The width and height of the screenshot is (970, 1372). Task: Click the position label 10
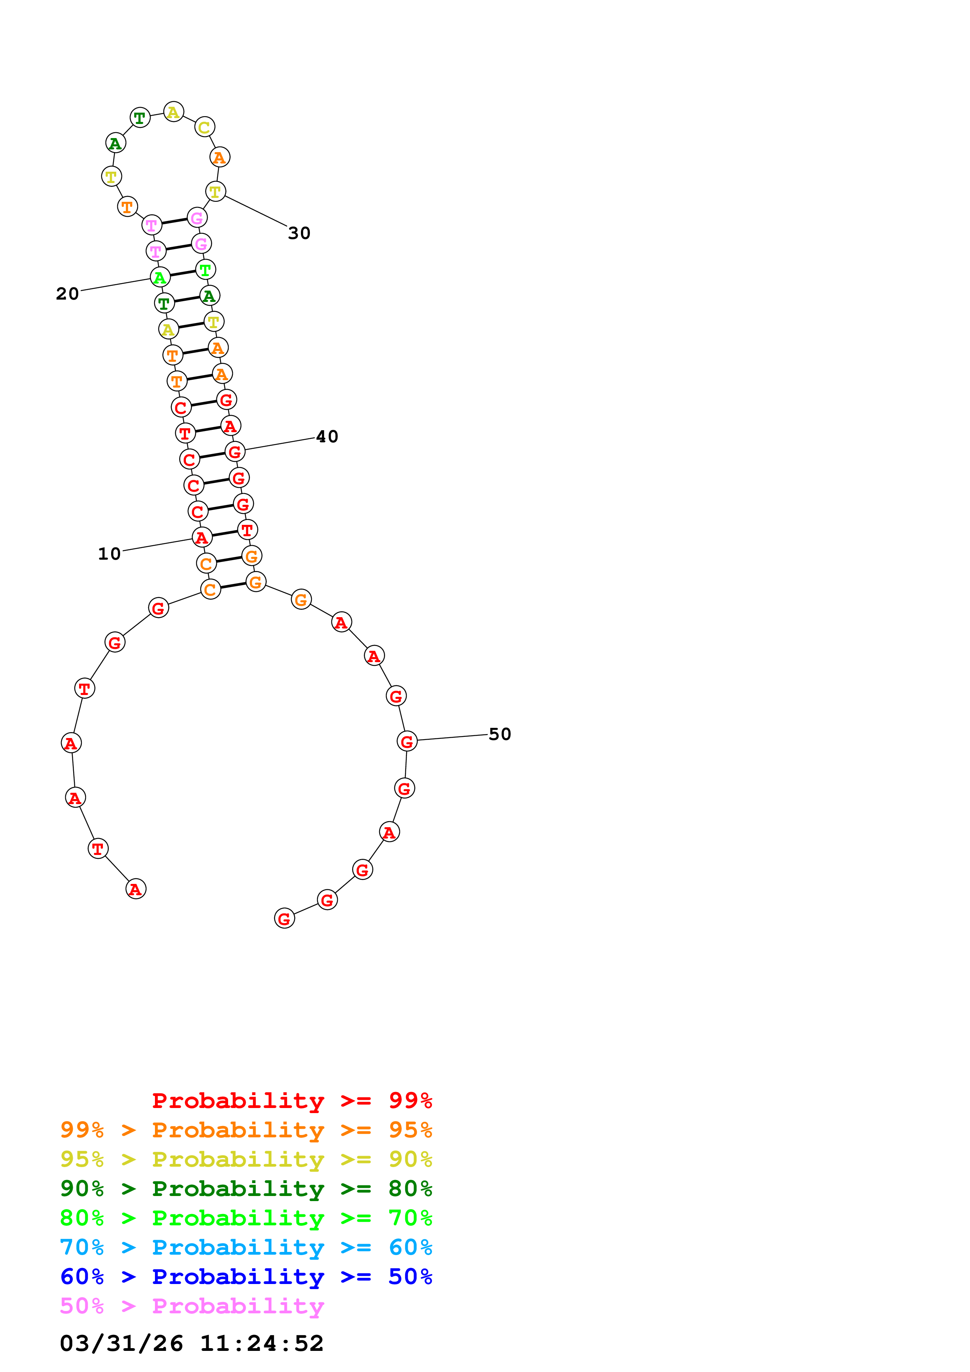point(110,554)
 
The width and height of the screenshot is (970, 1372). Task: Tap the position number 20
point(68,294)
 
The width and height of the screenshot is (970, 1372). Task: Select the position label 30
point(299,233)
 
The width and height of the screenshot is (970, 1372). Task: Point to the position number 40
point(327,437)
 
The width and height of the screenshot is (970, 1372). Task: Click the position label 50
point(500,734)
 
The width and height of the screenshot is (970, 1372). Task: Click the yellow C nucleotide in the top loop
point(204,127)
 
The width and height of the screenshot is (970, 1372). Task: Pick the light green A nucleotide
point(160,277)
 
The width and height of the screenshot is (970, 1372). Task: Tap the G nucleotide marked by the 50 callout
point(407,742)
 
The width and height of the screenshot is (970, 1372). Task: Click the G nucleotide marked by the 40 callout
point(235,453)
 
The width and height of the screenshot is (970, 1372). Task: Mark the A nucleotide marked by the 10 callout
point(202,538)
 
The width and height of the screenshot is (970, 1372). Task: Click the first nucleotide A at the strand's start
point(136,889)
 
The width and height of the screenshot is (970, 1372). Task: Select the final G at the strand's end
point(284,918)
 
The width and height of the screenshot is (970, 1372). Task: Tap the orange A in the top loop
point(220,158)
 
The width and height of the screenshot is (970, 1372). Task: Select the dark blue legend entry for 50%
point(246,1277)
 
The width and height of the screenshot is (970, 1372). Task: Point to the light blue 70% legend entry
point(246,1247)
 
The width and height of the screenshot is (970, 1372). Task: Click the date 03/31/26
point(121,1344)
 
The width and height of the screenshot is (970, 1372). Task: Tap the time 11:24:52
point(261,1344)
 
